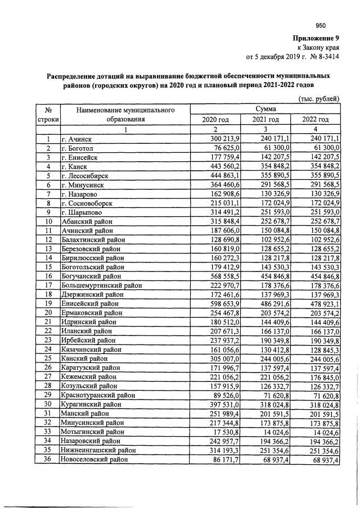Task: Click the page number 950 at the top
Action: coord(321,25)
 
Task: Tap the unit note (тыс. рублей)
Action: coord(318,99)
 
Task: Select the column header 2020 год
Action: coord(216,120)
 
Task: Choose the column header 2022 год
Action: coord(315,120)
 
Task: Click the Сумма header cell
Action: coord(265,110)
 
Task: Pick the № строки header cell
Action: coord(48,114)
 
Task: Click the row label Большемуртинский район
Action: coord(101,284)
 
